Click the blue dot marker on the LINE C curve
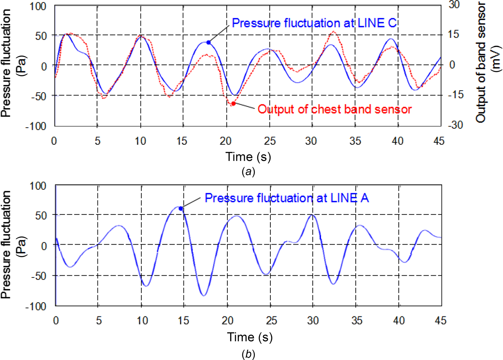[x=209, y=43]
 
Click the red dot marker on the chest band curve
[x=233, y=104]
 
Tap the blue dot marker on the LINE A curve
[x=181, y=208]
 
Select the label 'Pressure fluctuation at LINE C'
[x=314, y=23]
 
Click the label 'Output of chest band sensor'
[x=334, y=109]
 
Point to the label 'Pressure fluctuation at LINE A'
[x=286, y=198]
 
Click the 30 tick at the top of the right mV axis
[x=454, y=5]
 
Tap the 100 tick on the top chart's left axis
[x=38, y=6]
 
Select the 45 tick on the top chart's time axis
[x=439, y=141]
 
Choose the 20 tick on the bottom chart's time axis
[x=228, y=320]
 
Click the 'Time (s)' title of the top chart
[x=248, y=157]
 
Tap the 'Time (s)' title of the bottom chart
[x=250, y=337]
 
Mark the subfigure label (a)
[x=248, y=172]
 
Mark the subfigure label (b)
[x=248, y=355]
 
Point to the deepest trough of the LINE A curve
[x=204, y=295]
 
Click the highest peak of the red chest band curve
[x=334, y=32]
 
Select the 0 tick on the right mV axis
[x=452, y=65]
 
